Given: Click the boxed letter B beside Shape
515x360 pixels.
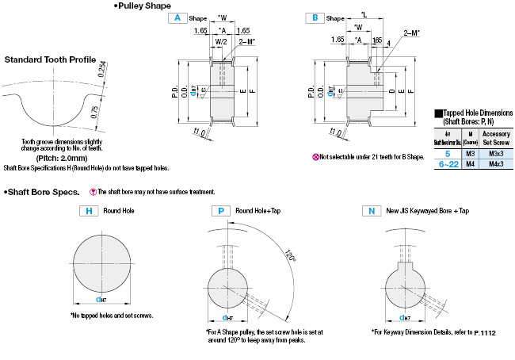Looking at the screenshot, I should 315,17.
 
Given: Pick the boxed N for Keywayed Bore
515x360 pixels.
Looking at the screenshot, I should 370,211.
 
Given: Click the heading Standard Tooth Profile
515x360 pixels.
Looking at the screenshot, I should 50,59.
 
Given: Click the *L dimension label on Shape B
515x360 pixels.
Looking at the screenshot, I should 363,15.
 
